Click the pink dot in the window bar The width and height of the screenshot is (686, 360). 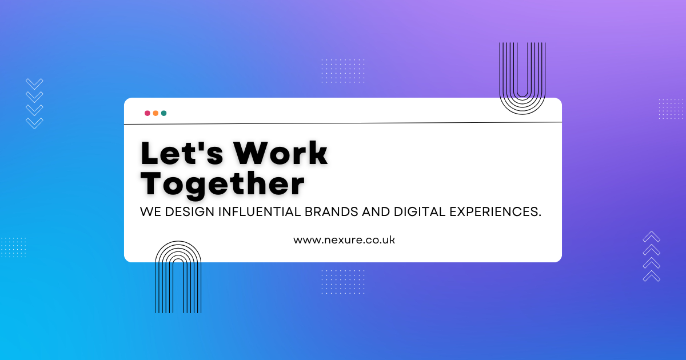(x=147, y=113)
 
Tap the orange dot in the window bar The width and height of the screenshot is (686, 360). (x=155, y=113)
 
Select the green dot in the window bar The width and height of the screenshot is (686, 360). (x=164, y=113)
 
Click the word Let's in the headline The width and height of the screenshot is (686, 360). (x=182, y=153)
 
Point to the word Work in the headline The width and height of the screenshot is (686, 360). (x=281, y=153)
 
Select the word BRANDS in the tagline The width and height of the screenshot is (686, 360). (x=332, y=212)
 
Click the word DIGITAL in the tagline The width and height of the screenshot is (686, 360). (x=420, y=212)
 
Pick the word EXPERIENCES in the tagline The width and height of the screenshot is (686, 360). (x=495, y=212)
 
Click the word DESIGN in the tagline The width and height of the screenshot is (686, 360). (x=190, y=212)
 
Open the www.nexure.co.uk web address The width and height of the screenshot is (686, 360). (x=344, y=240)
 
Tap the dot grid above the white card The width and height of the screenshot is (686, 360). (x=343, y=71)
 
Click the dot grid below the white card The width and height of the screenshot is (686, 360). (x=343, y=282)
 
